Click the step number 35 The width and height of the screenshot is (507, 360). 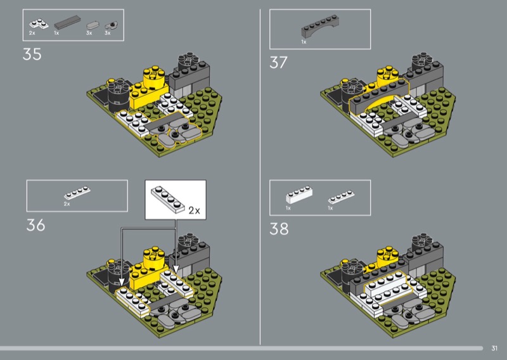(x=32, y=55)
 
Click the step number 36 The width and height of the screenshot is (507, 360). (x=35, y=225)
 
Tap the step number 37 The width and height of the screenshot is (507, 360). (x=278, y=63)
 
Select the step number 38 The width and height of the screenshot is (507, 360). (x=279, y=229)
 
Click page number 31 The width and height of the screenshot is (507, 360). (x=494, y=348)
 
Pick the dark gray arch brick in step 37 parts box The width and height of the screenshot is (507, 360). (x=320, y=25)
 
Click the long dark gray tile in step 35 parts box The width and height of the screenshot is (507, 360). (x=67, y=22)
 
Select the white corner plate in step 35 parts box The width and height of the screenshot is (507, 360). (x=39, y=24)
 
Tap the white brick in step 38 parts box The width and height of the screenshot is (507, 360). (x=299, y=195)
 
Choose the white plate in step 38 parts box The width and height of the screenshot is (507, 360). (x=341, y=197)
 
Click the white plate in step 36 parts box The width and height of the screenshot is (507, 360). (x=77, y=193)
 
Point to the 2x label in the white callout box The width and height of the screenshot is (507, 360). (x=195, y=210)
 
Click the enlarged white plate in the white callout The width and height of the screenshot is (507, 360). (x=168, y=199)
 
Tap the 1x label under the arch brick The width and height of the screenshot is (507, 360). (x=304, y=42)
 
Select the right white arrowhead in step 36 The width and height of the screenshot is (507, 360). (x=176, y=269)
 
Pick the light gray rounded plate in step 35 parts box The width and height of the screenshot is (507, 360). (x=92, y=25)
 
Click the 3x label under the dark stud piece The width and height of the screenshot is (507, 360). (x=108, y=33)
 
